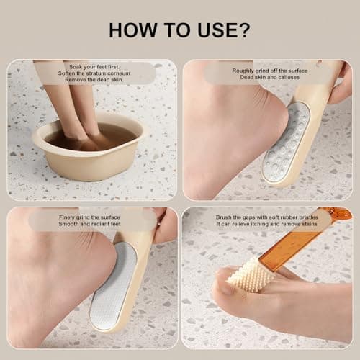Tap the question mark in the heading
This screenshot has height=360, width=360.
(245, 30)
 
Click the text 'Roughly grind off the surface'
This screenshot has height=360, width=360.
(268, 71)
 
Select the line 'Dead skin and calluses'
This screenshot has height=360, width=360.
(268, 78)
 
